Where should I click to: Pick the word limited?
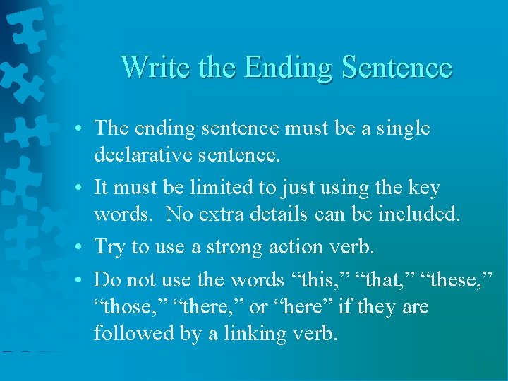point(226,188)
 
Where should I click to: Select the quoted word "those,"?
point(123,308)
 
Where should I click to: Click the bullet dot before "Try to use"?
point(83,248)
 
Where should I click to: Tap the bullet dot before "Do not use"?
point(83,280)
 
